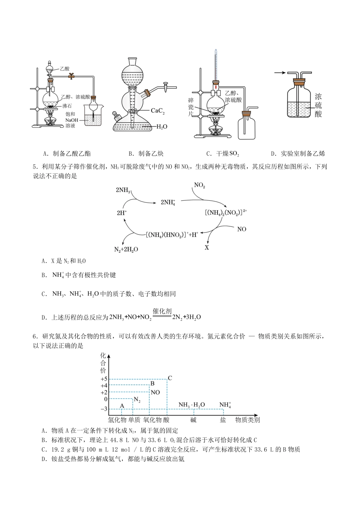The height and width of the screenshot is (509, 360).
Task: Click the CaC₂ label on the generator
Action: point(158,111)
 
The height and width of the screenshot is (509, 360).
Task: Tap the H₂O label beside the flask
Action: point(162,127)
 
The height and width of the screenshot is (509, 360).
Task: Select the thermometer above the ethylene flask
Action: point(216,64)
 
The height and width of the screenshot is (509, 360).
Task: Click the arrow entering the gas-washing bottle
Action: point(280,73)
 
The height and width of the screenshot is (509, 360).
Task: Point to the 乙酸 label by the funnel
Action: point(65,69)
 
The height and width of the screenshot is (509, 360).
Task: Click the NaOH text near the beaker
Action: point(71,120)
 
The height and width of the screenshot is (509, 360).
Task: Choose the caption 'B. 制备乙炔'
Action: point(146,154)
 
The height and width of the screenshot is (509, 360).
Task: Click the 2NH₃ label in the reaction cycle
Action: point(123,190)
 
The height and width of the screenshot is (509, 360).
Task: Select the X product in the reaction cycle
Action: point(207,248)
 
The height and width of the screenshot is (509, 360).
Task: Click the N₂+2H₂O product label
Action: point(126,250)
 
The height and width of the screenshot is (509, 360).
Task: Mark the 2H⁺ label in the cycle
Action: point(122,213)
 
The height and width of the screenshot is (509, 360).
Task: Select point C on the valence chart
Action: point(170,378)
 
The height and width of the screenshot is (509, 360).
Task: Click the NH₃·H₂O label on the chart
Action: point(192,405)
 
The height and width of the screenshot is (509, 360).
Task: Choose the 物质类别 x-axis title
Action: point(247,420)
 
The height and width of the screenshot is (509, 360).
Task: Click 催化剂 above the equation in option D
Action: point(162,311)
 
